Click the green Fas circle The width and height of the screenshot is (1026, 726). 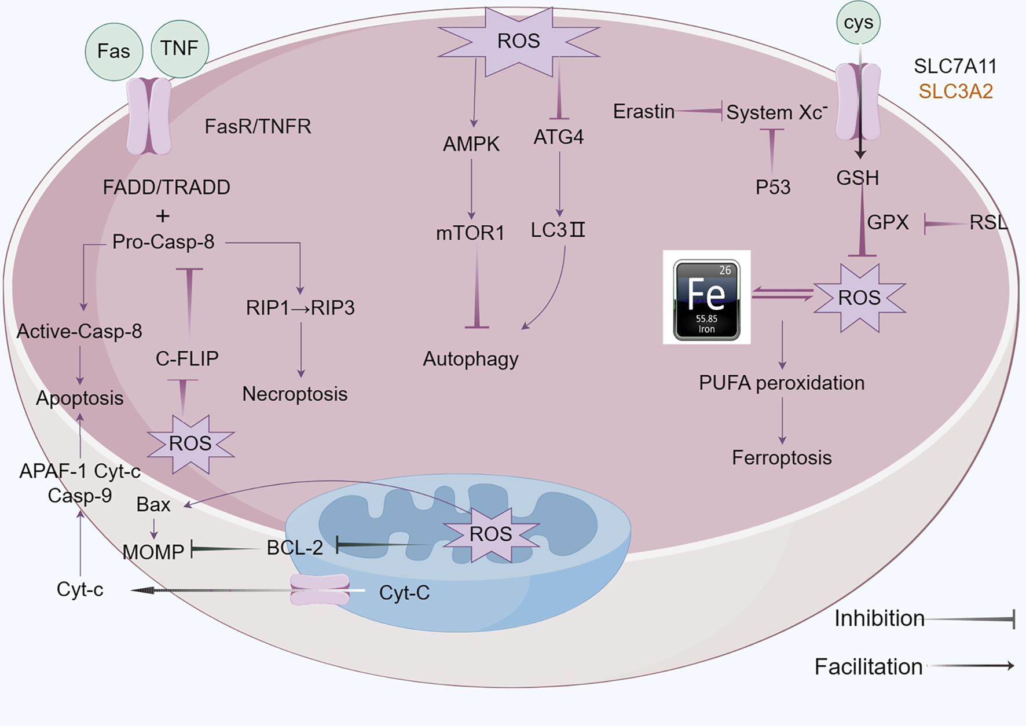[113, 51]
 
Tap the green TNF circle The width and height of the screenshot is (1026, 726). [179, 48]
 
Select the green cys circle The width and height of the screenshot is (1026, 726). [858, 23]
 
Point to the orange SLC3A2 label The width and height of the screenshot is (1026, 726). [955, 91]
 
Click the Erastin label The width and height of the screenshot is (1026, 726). [643, 111]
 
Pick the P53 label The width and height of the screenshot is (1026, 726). [772, 187]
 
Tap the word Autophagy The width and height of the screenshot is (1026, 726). [470, 359]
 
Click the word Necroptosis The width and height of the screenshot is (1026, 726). [295, 394]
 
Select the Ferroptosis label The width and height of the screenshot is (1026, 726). [782, 458]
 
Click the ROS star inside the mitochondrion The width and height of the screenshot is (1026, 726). [490, 534]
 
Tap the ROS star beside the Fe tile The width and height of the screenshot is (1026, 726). [859, 298]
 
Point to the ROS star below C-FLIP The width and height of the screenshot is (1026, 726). [190, 443]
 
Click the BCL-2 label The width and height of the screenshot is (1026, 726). [294, 548]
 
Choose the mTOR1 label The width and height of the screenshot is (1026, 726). [470, 233]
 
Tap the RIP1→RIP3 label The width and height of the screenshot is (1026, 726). [300, 307]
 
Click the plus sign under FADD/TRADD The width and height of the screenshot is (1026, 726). [163, 216]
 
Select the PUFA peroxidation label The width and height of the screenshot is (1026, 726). [782, 383]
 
